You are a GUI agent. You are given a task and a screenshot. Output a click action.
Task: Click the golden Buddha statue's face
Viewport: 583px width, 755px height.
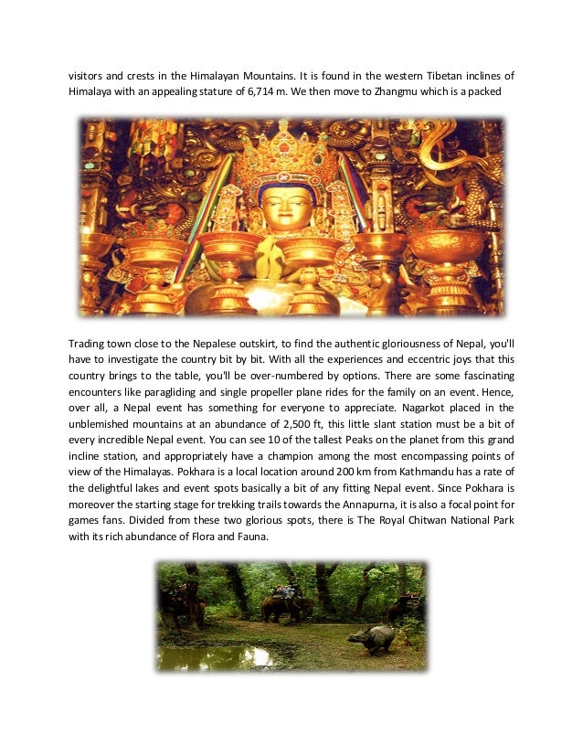(x=286, y=208)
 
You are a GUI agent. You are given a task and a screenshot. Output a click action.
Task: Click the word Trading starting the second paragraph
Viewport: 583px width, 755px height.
(x=89, y=343)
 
